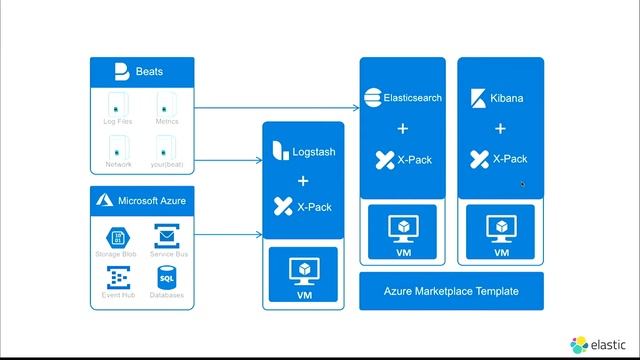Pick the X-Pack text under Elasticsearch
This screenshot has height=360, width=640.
pos(413,159)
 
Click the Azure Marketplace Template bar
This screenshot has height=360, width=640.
pos(451,291)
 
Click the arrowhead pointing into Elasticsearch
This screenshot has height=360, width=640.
pos(357,107)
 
